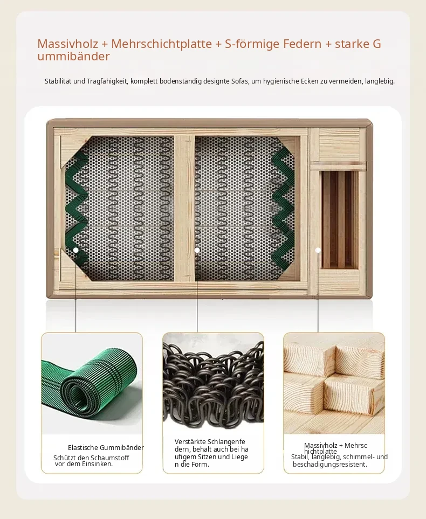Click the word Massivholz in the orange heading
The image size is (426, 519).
(x=67, y=44)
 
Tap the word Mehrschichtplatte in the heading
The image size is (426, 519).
(x=162, y=44)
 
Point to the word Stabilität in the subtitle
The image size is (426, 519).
(x=58, y=81)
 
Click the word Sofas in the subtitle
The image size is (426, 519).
(x=239, y=81)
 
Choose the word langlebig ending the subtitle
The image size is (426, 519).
(x=380, y=81)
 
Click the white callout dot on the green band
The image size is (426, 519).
(x=76, y=250)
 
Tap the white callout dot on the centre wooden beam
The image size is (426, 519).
(x=197, y=250)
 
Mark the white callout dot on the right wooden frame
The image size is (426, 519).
(x=318, y=250)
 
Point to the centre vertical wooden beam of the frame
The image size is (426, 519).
(x=184, y=208)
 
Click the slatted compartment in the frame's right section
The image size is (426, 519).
(x=340, y=219)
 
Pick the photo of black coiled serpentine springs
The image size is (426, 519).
(x=214, y=383)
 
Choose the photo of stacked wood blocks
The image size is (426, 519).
(x=334, y=383)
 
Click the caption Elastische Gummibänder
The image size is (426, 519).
(x=106, y=448)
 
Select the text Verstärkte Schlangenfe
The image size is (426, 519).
(x=210, y=442)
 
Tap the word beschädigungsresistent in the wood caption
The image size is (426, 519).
(x=330, y=465)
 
